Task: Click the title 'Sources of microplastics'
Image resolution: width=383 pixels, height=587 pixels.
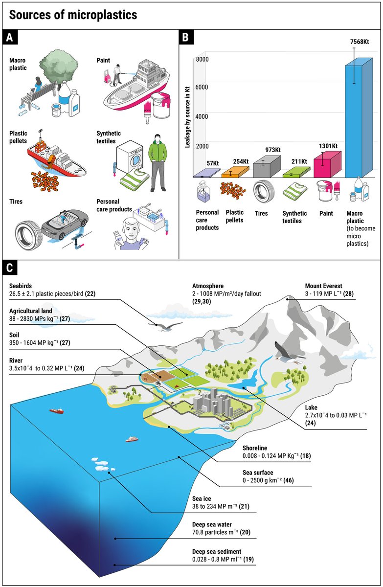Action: [x=73, y=15]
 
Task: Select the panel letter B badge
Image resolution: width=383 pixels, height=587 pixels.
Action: [x=185, y=36]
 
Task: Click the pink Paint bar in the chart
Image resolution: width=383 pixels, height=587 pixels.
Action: [x=327, y=165]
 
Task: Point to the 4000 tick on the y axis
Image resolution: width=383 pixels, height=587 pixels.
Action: [x=203, y=116]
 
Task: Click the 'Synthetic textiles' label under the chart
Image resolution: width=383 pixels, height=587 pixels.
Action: [x=295, y=217]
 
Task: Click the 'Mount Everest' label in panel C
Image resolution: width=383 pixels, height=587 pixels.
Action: [x=324, y=286]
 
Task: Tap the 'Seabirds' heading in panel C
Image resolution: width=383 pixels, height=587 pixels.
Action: [x=21, y=286]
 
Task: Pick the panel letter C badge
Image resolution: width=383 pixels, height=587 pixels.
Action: [x=10, y=268]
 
